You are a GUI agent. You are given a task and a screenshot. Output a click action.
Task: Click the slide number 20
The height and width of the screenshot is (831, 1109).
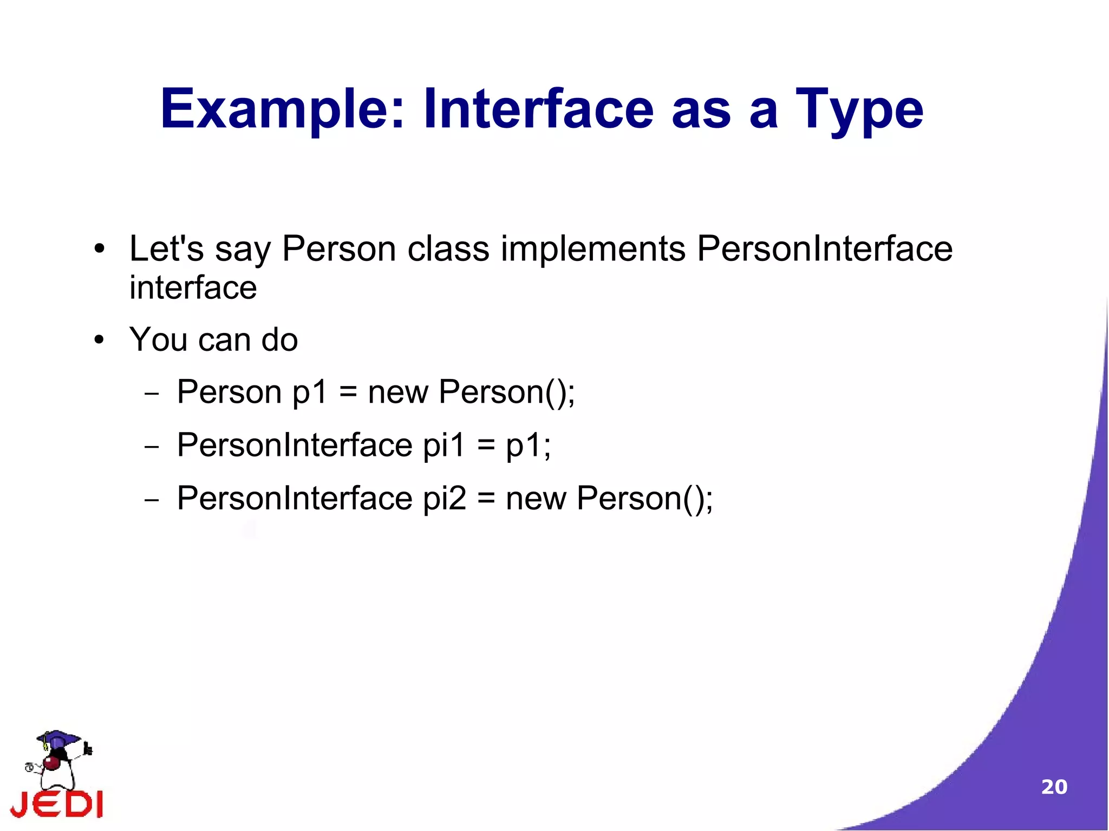click(x=1054, y=787)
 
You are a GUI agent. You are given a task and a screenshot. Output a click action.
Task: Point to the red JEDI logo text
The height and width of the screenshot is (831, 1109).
click(x=56, y=803)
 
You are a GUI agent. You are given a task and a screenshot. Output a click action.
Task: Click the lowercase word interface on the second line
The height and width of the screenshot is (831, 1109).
click(x=193, y=287)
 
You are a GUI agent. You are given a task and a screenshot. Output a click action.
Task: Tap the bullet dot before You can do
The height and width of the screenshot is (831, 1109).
click(x=99, y=341)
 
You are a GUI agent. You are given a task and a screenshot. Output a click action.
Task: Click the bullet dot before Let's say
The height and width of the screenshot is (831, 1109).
click(x=99, y=250)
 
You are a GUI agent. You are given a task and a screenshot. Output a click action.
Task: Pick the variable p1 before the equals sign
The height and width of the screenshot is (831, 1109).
click(x=310, y=392)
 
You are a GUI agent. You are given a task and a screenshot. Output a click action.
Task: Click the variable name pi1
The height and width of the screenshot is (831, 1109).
click(x=443, y=446)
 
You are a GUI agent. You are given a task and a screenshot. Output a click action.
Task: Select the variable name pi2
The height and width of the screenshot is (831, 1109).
click(x=444, y=499)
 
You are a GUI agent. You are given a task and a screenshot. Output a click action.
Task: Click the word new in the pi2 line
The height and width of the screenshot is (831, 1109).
click(x=536, y=499)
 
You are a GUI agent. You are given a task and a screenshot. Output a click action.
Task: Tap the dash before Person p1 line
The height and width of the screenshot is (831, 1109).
click(x=152, y=394)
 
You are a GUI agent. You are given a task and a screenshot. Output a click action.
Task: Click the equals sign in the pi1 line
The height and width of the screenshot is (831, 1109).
click(x=486, y=446)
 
